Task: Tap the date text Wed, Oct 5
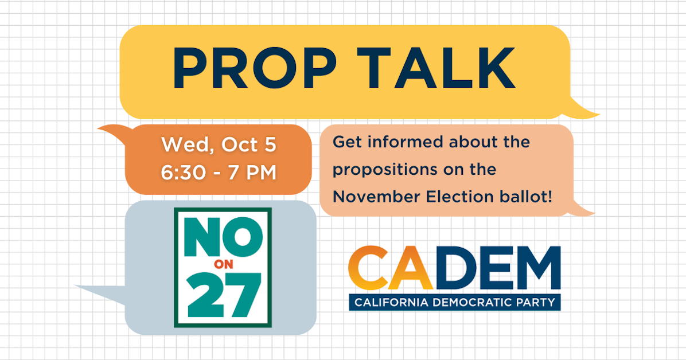[219, 145]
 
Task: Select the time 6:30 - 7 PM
[219, 172]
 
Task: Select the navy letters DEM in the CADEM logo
[497, 269]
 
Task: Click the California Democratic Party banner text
[454, 302]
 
